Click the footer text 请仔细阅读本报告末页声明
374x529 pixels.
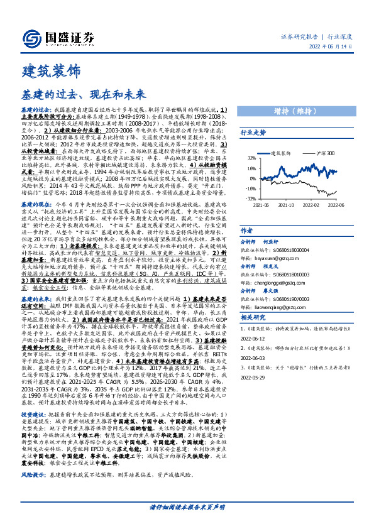pyautogui.click(x=187, y=506)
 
